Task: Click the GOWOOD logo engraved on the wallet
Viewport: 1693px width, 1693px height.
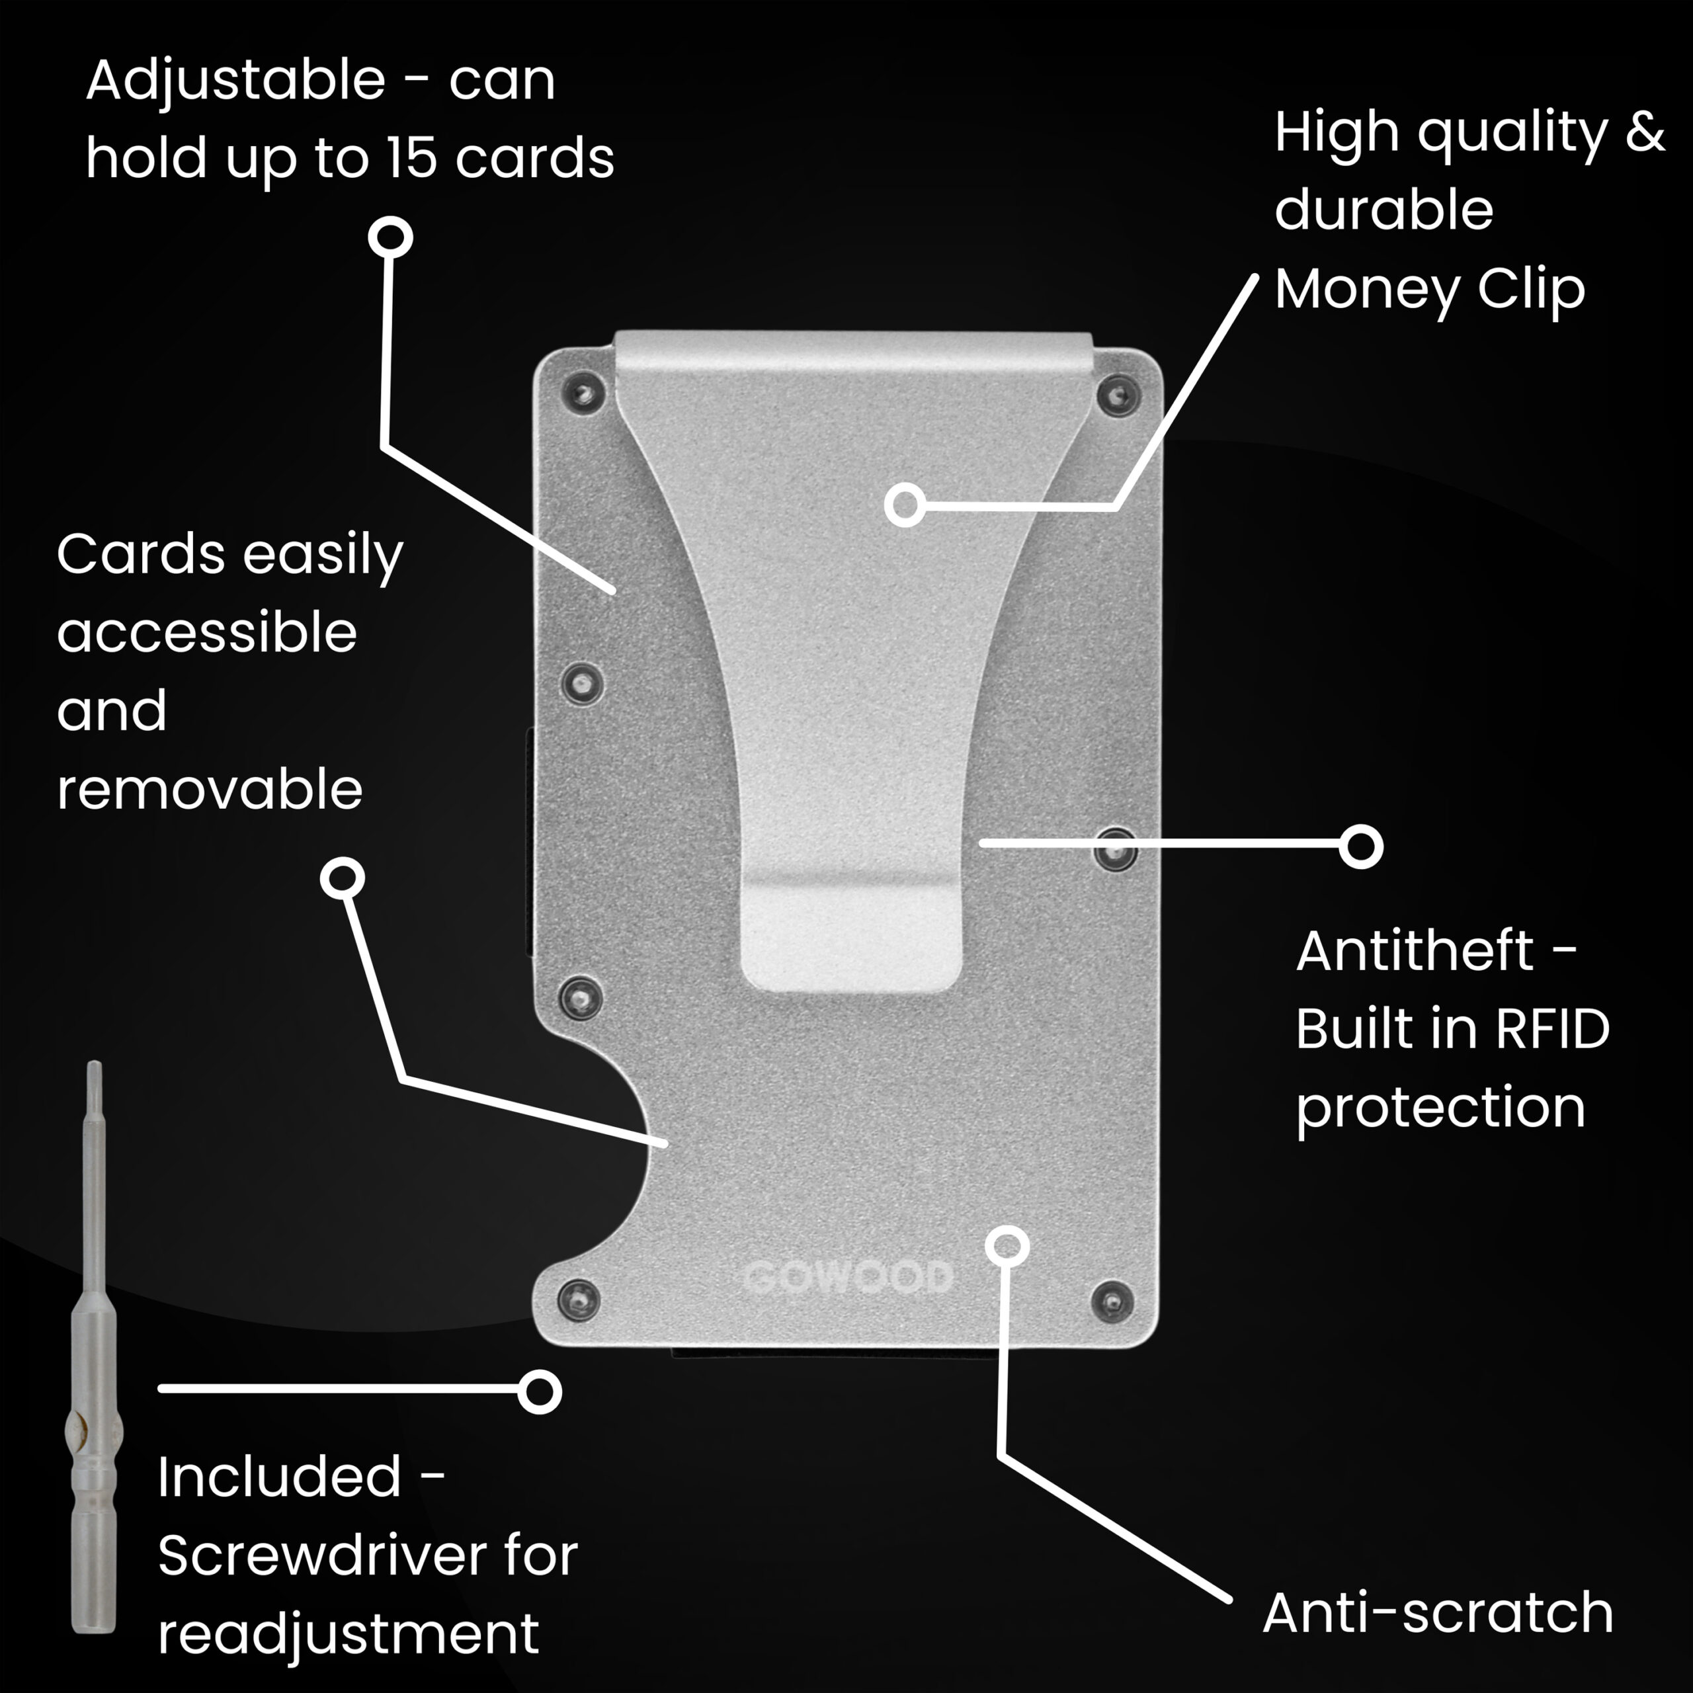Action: tap(847, 1277)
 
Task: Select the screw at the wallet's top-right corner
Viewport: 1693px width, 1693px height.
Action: tap(1114, 395)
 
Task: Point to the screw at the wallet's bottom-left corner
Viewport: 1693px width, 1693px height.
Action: tap(579, 1298)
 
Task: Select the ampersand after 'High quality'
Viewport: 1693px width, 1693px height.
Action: tap(1645, 132)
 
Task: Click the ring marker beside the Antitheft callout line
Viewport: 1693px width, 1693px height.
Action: tap(1361, 846)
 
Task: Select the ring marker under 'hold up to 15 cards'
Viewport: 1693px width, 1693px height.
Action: tap(390, 237)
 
